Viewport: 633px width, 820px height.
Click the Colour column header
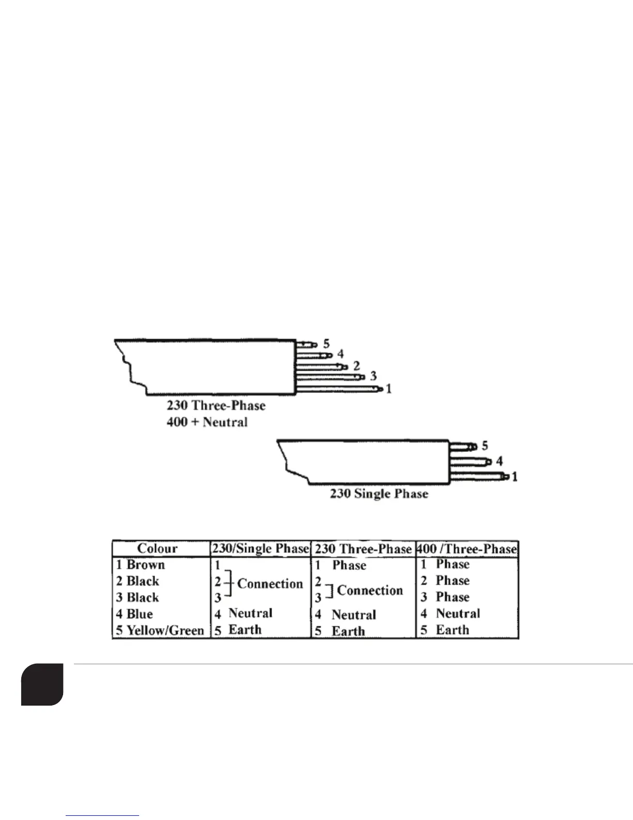157,549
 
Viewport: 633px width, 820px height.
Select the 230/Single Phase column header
260,549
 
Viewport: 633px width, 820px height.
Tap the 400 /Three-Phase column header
467,549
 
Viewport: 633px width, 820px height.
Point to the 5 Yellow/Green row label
160,631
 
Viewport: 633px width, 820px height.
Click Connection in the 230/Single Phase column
270,584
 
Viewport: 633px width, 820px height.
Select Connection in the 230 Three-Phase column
370,591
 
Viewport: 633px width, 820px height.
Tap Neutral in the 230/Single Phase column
250,613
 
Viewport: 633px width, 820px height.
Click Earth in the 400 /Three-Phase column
453,630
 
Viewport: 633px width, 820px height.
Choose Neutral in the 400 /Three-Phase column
458,613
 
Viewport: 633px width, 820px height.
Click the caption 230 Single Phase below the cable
379,493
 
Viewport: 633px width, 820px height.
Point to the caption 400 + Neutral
207,422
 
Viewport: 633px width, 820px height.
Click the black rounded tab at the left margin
42,684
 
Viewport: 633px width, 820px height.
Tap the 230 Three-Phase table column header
363,549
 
